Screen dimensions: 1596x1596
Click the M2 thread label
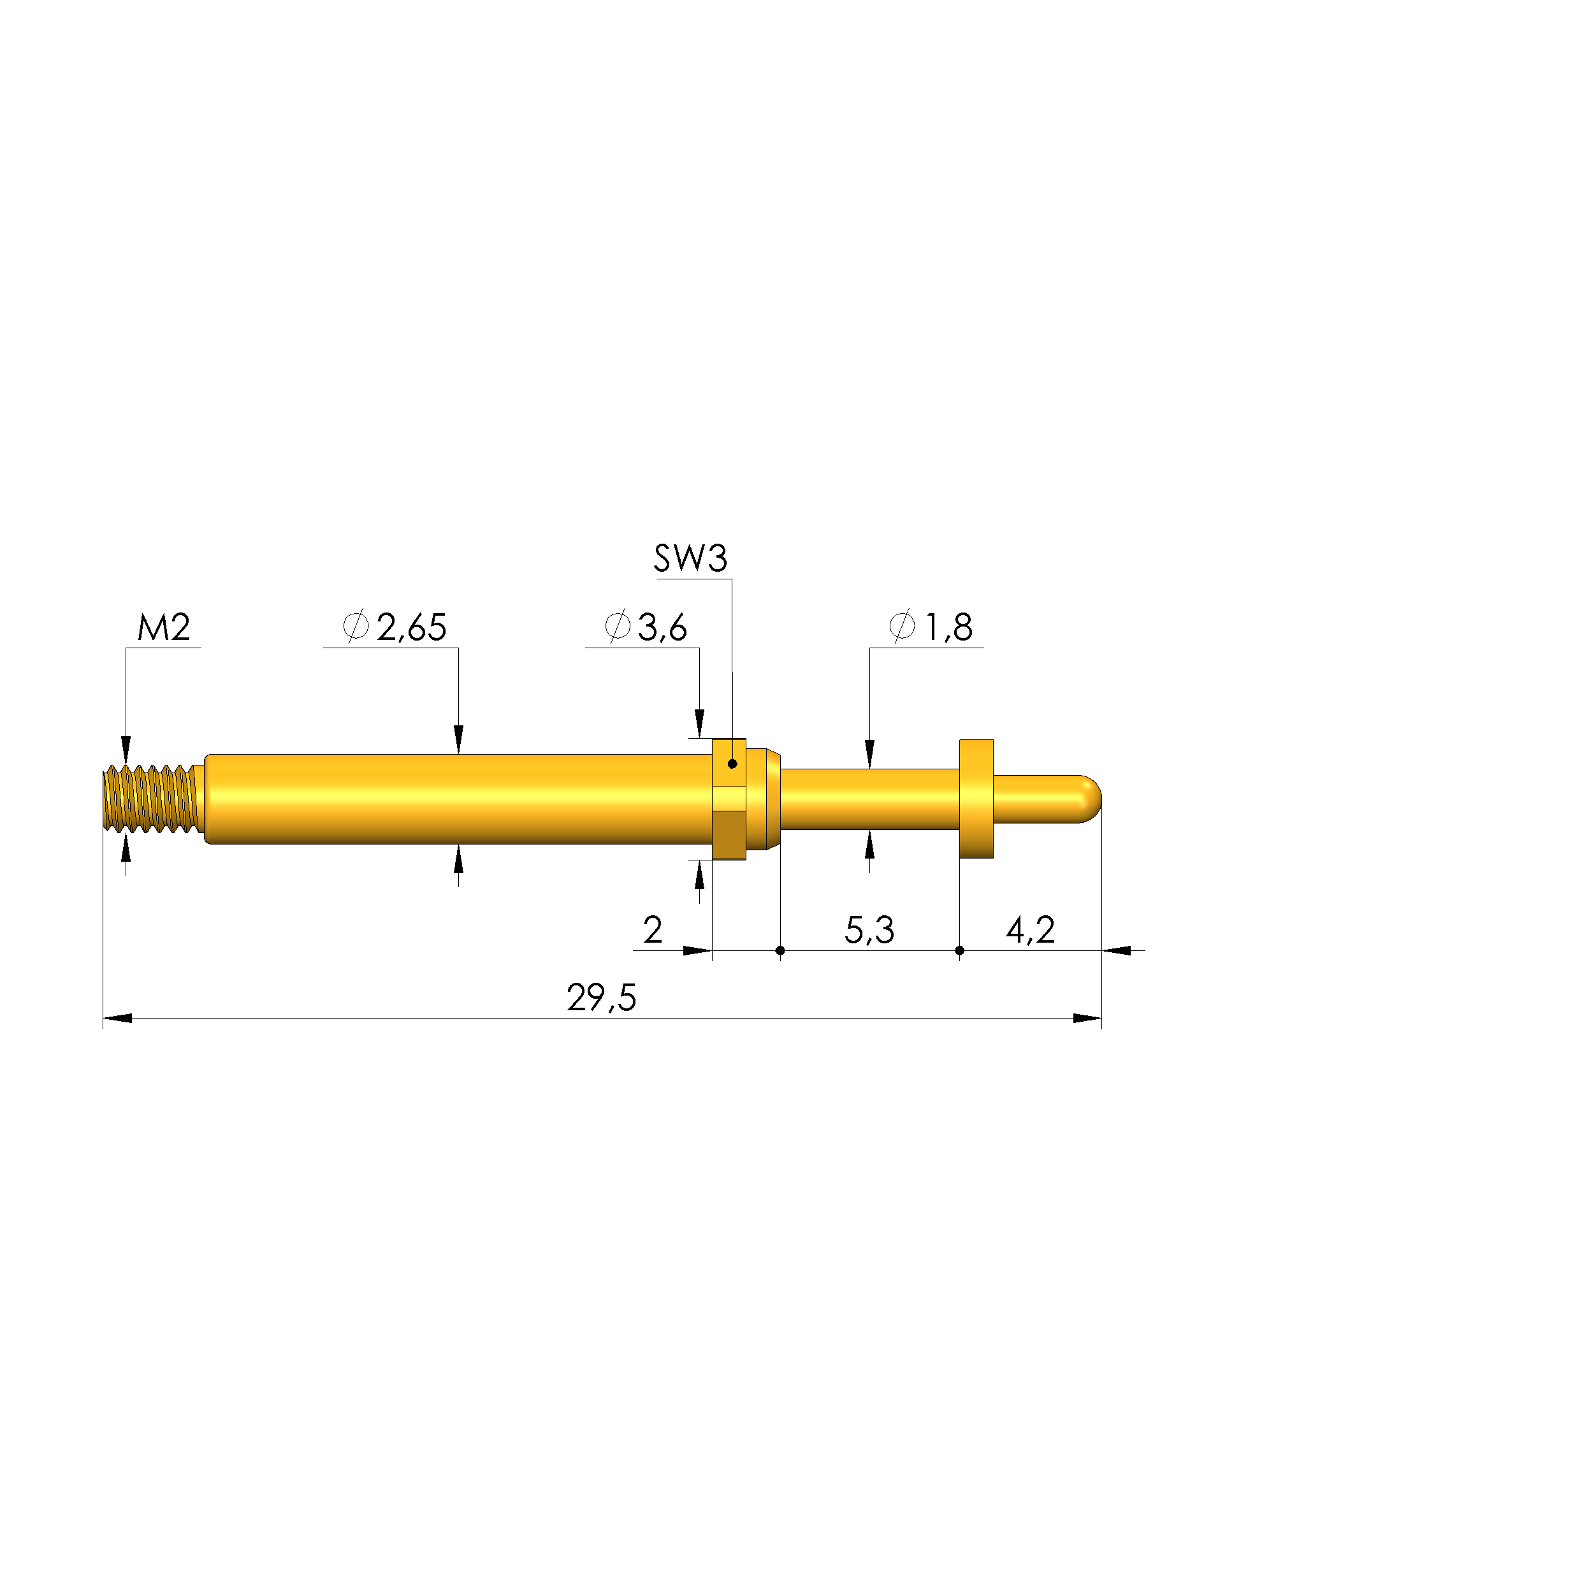164,628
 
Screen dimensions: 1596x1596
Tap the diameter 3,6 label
646,628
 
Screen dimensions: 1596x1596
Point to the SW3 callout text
691,558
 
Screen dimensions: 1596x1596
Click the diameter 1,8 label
931,628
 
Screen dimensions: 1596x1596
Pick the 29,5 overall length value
602,998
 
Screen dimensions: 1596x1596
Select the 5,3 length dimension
869,930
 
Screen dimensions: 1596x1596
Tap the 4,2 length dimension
1030,930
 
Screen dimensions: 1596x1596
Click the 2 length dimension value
653,930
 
